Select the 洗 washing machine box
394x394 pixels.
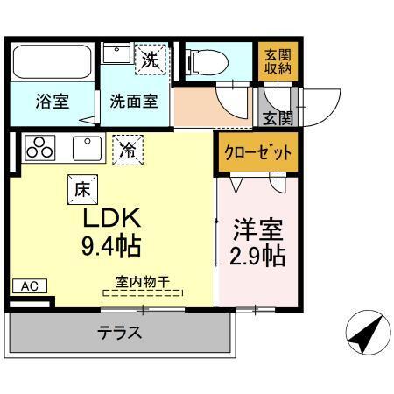click(x=151, y=60)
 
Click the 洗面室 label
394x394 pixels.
click(x=133, y=100)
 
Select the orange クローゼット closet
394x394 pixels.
click(x=255, y=151)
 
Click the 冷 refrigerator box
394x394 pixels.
click(x=128, y=150)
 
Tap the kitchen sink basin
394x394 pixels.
click(x=88, y=148)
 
